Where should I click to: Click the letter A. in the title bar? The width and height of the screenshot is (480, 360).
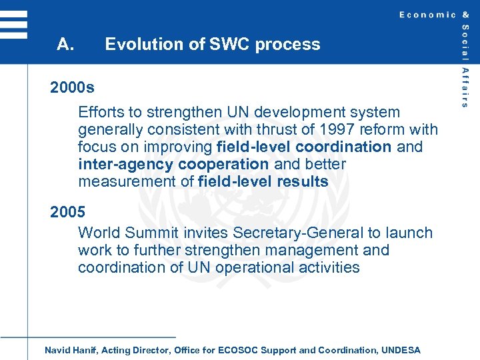[65, 45]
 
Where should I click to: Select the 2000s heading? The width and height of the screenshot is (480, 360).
[72, 88]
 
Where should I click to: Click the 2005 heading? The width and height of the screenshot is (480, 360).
[67, 213]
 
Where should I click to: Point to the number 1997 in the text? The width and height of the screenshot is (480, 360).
[334, 129]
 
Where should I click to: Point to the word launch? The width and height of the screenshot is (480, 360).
[410, 233]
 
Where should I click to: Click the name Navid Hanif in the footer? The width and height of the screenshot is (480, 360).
[70, 350]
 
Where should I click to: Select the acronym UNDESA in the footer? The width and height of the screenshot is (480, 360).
[402, 350]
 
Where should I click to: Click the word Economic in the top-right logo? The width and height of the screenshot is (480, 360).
[427, 15]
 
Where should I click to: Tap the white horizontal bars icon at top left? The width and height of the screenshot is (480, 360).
[14, 25]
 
